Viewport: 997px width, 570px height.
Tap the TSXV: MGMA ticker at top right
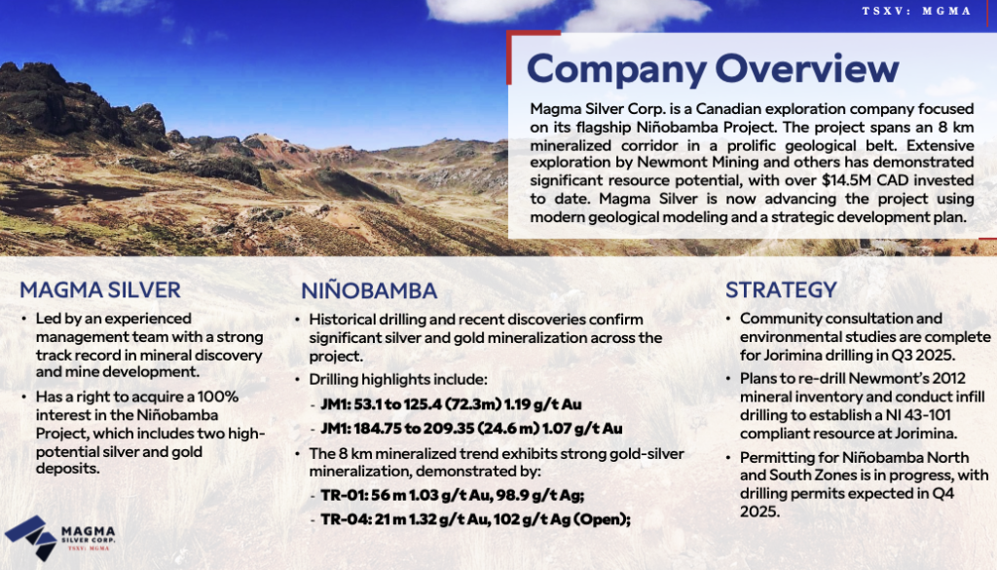click(x=916, y=11)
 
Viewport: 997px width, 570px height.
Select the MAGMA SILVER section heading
click(x=100, y=290)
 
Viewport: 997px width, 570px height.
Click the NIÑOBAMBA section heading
click(x=369, y=290)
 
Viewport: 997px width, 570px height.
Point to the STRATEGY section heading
click(x=781, y=290)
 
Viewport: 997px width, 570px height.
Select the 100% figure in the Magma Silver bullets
click(x=217, y=397)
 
